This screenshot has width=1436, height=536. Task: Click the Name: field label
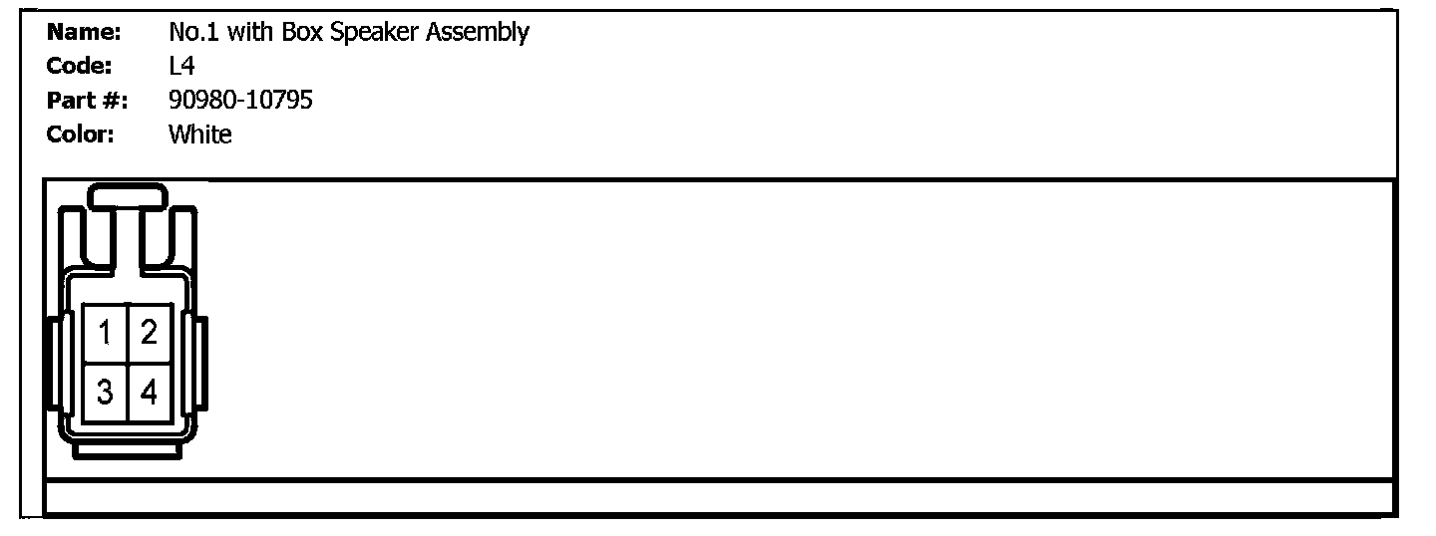click(x=84, y=32)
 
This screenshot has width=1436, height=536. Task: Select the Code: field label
click(x=80, y=66)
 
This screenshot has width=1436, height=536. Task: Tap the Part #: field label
click(x=88, y=100)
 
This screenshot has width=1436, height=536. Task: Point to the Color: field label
click(x=81, y=134)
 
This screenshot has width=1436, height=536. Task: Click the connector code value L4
click(x=181, y=66)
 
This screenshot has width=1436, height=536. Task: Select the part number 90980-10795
click(x=240, y=100)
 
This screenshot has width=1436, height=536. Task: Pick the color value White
click(x=199, y=134)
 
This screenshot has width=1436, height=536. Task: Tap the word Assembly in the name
click(x=478, y=32)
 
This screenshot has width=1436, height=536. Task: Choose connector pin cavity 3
click(x=105, y=393)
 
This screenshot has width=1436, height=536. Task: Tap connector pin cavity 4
click(x=150, y=393)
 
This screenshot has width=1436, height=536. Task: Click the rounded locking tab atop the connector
click(x=127, y=196)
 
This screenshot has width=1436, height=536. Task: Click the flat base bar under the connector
click(x=126, y=450)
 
